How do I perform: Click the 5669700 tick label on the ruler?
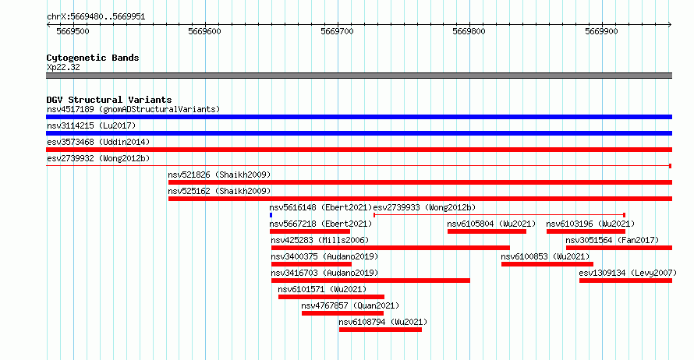[x=338, y=31]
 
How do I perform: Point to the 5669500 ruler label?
[x=73, y=31]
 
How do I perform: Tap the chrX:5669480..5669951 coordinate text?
[x=96, y=17]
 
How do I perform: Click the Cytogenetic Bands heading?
[x=93, y=58]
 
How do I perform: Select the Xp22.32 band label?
[x=63, y=67]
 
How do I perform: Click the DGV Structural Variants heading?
[x=109, y=100]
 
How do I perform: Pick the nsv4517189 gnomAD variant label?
[x=133, y=109]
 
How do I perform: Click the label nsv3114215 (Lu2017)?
[x=91, y=125]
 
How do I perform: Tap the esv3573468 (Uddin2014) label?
[x=98, y=142]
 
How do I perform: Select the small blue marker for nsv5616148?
[x=271, y=215]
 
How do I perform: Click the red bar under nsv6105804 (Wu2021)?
[x=487, y=231]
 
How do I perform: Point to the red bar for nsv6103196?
[x=586, y=231]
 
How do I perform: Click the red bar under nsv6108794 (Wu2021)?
[x=381, y=330]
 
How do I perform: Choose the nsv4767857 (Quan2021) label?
[x=350, y=305]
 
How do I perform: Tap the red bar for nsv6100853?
[x=547, y=264]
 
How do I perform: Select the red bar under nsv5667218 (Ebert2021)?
[x=310, y=231]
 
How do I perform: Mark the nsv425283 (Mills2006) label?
[x=320, y=240]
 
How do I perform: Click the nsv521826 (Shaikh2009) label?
[x=219, y=175]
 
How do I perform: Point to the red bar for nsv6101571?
[x=331, y=297]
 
